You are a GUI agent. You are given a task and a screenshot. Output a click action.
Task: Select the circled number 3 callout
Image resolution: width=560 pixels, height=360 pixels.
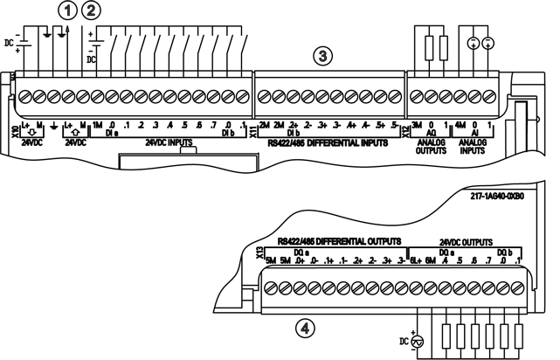[x=323, y=57]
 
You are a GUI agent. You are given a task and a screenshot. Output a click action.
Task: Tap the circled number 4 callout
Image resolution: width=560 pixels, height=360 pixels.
[x=304, y=329]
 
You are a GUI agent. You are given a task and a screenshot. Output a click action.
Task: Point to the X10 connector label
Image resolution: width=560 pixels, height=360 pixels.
[x=13, y=132]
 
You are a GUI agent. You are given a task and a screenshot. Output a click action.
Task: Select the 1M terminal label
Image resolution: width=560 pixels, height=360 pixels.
[x=98, y=126]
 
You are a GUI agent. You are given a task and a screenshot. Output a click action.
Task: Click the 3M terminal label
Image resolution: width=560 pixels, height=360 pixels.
[x=416, y=126]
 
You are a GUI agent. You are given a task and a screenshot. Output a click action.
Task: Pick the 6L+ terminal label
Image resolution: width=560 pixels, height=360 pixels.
[x=417, y=261]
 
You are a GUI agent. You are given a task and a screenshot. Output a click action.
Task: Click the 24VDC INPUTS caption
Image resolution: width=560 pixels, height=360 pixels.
[x=171, y=142]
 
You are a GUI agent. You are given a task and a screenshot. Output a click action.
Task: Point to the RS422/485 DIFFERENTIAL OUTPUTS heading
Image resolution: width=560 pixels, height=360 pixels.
[x=338, y=239]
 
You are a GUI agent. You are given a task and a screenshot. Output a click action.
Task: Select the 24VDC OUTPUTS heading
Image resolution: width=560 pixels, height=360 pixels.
[x=472, y=241]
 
